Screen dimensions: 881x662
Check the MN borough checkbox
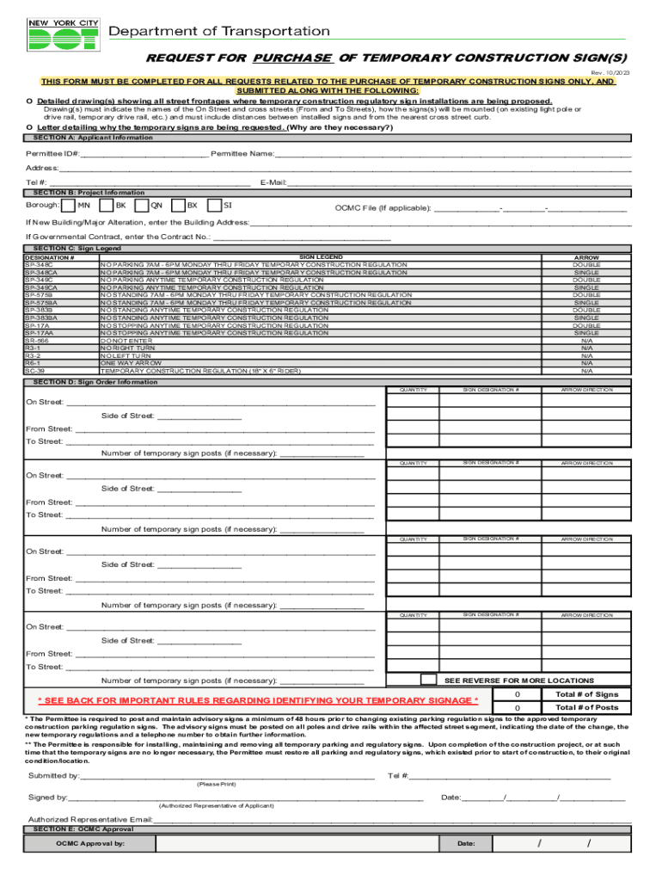coord(69,206)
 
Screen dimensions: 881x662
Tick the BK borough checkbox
coord(106,206)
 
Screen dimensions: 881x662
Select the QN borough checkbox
coord(141,206)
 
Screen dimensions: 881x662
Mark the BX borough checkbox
coord(177,206)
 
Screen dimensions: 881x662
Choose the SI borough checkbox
coord(214,206)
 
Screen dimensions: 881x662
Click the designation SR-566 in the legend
coord(38,341)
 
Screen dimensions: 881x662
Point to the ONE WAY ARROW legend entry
coord(131,363)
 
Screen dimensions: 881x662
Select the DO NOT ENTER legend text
coord(127,341)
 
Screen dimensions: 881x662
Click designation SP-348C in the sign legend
coord(39,264)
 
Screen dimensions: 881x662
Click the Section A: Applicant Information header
coord(81,138)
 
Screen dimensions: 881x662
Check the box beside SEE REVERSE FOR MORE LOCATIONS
coord(428,680)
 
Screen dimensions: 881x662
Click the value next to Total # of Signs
coord(517,694)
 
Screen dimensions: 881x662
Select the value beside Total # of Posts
coord(517,708)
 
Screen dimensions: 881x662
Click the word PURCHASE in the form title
coord(292,58)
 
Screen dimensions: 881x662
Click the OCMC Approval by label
coord(90,844)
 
